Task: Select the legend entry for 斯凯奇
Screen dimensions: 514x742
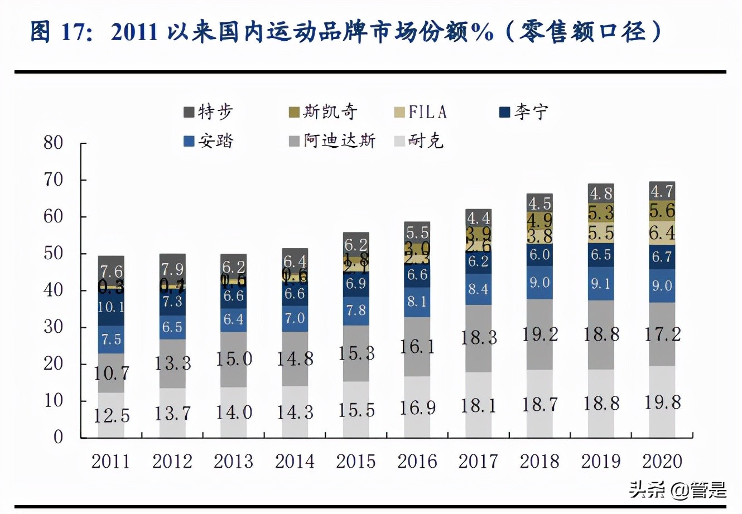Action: point(323,112)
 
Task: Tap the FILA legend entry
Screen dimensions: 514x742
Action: point(421,112)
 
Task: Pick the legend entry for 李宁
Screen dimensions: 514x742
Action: point(524,112)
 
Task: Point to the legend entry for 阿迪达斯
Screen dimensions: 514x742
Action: point(332,140)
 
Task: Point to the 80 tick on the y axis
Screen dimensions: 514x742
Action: point(54,143)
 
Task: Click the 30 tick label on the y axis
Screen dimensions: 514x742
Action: point(54,327)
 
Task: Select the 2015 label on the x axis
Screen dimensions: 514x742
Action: point(356,462)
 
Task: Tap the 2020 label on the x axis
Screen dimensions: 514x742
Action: point(662,462)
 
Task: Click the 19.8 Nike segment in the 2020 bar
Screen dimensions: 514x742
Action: point(662,401)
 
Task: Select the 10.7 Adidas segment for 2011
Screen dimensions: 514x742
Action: point(111,372)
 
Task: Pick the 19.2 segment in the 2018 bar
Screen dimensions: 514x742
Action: point(539,334)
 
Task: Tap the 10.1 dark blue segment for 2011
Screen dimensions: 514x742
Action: point(111,307)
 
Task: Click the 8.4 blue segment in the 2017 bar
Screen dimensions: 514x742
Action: point(478,289)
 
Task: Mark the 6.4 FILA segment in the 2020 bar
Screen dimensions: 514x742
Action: point(662,232)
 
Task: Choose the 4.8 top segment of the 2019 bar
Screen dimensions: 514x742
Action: point(601,193)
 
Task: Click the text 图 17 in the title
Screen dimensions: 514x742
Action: point(56,32)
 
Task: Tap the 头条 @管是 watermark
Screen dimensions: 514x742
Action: point(677,490)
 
